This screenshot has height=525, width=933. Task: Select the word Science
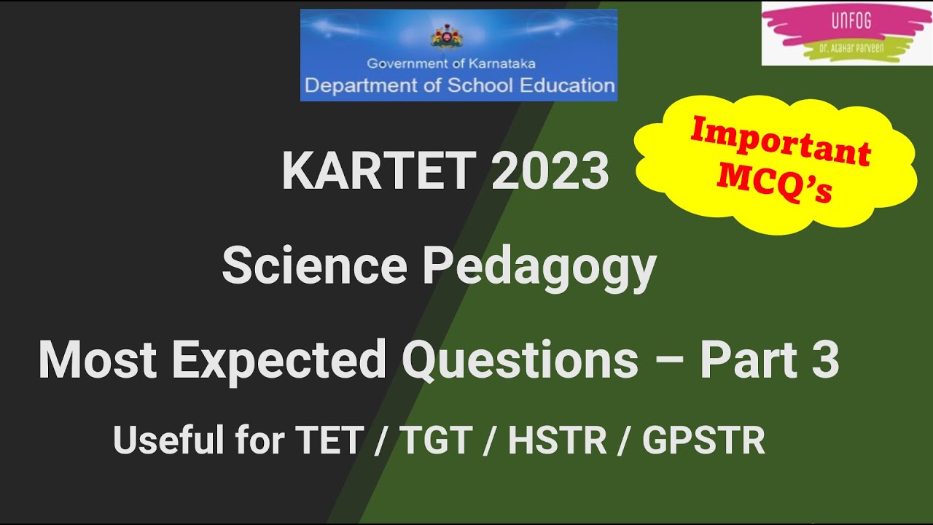[x=314, y=266]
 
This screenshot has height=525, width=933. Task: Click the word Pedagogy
[x=539, y=268]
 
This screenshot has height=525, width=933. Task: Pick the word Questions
[x=520, y=360]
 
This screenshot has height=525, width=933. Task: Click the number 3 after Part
[x=824, y=360]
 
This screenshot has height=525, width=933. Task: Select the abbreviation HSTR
[x=557, y=440]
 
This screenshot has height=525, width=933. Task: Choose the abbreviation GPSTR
[x=703, y=440]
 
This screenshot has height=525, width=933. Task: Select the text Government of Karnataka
[x=451, y=64]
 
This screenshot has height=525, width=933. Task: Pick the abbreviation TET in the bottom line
[x=328, y=440]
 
